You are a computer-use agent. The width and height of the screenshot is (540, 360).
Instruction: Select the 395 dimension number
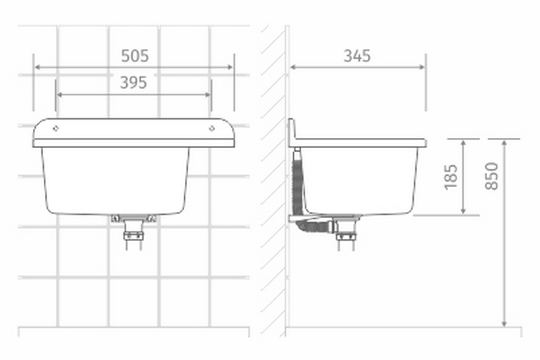pos(134,82)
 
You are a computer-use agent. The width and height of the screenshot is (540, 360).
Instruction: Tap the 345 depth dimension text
pos(357,55)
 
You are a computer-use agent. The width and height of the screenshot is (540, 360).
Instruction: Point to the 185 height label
pos(452,176)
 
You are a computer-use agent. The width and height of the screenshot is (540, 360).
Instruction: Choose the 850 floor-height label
pos(493,176)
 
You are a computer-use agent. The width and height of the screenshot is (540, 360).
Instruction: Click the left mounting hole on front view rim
pos(55,128)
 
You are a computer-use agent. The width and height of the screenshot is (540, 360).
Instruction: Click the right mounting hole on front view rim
pos(212,128)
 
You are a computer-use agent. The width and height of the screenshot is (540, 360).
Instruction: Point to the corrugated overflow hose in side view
pos(297,182)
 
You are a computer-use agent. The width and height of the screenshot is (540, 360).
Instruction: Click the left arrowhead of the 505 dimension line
pos(36,68)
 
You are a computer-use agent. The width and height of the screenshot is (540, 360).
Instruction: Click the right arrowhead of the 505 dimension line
pos(231,68)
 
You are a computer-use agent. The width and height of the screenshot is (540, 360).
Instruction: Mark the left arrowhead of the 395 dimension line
pos(60,95)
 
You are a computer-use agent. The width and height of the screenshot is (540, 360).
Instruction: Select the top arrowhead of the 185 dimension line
pos(463,142)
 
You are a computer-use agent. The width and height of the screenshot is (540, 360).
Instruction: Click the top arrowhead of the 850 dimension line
pos(504,142)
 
